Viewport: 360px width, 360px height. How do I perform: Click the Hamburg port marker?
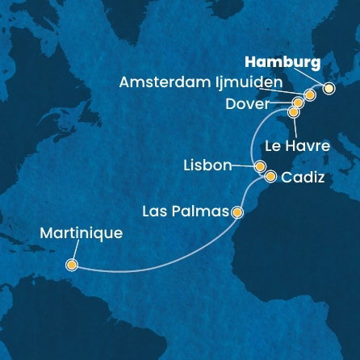329,89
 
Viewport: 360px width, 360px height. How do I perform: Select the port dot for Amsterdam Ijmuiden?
309,95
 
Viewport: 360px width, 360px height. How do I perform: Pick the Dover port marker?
298,103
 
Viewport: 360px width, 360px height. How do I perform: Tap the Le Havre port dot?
293,112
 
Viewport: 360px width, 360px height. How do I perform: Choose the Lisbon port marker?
260,166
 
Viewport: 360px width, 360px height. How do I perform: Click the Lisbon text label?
207,166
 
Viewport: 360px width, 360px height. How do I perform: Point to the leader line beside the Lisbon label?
243,166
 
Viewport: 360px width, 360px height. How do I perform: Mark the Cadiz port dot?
270,176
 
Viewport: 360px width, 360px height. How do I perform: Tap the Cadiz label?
305,178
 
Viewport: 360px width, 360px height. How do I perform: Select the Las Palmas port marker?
237,213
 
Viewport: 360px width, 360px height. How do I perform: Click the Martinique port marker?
72,264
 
